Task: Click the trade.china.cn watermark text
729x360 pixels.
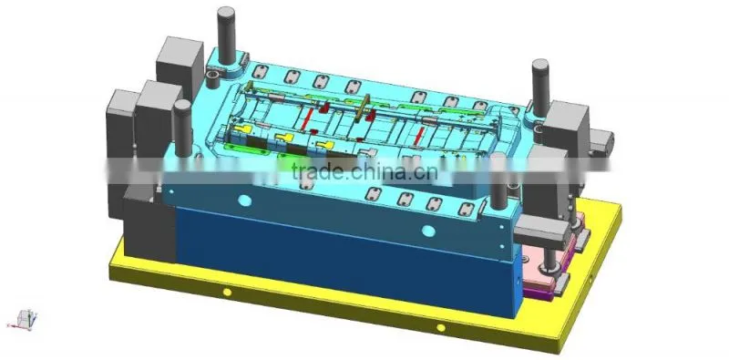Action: pos(364,171)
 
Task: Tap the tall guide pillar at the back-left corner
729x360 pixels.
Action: pos(226,36)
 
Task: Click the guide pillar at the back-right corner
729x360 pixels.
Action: pos(540,87)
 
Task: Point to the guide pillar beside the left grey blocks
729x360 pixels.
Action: pos(183,129)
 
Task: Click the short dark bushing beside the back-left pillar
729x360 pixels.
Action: pos(213,79)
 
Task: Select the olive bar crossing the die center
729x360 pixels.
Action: pos(362,108)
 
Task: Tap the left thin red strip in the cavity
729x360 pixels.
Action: pos(306,118)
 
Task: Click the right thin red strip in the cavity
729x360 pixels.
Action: pos(419,135)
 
